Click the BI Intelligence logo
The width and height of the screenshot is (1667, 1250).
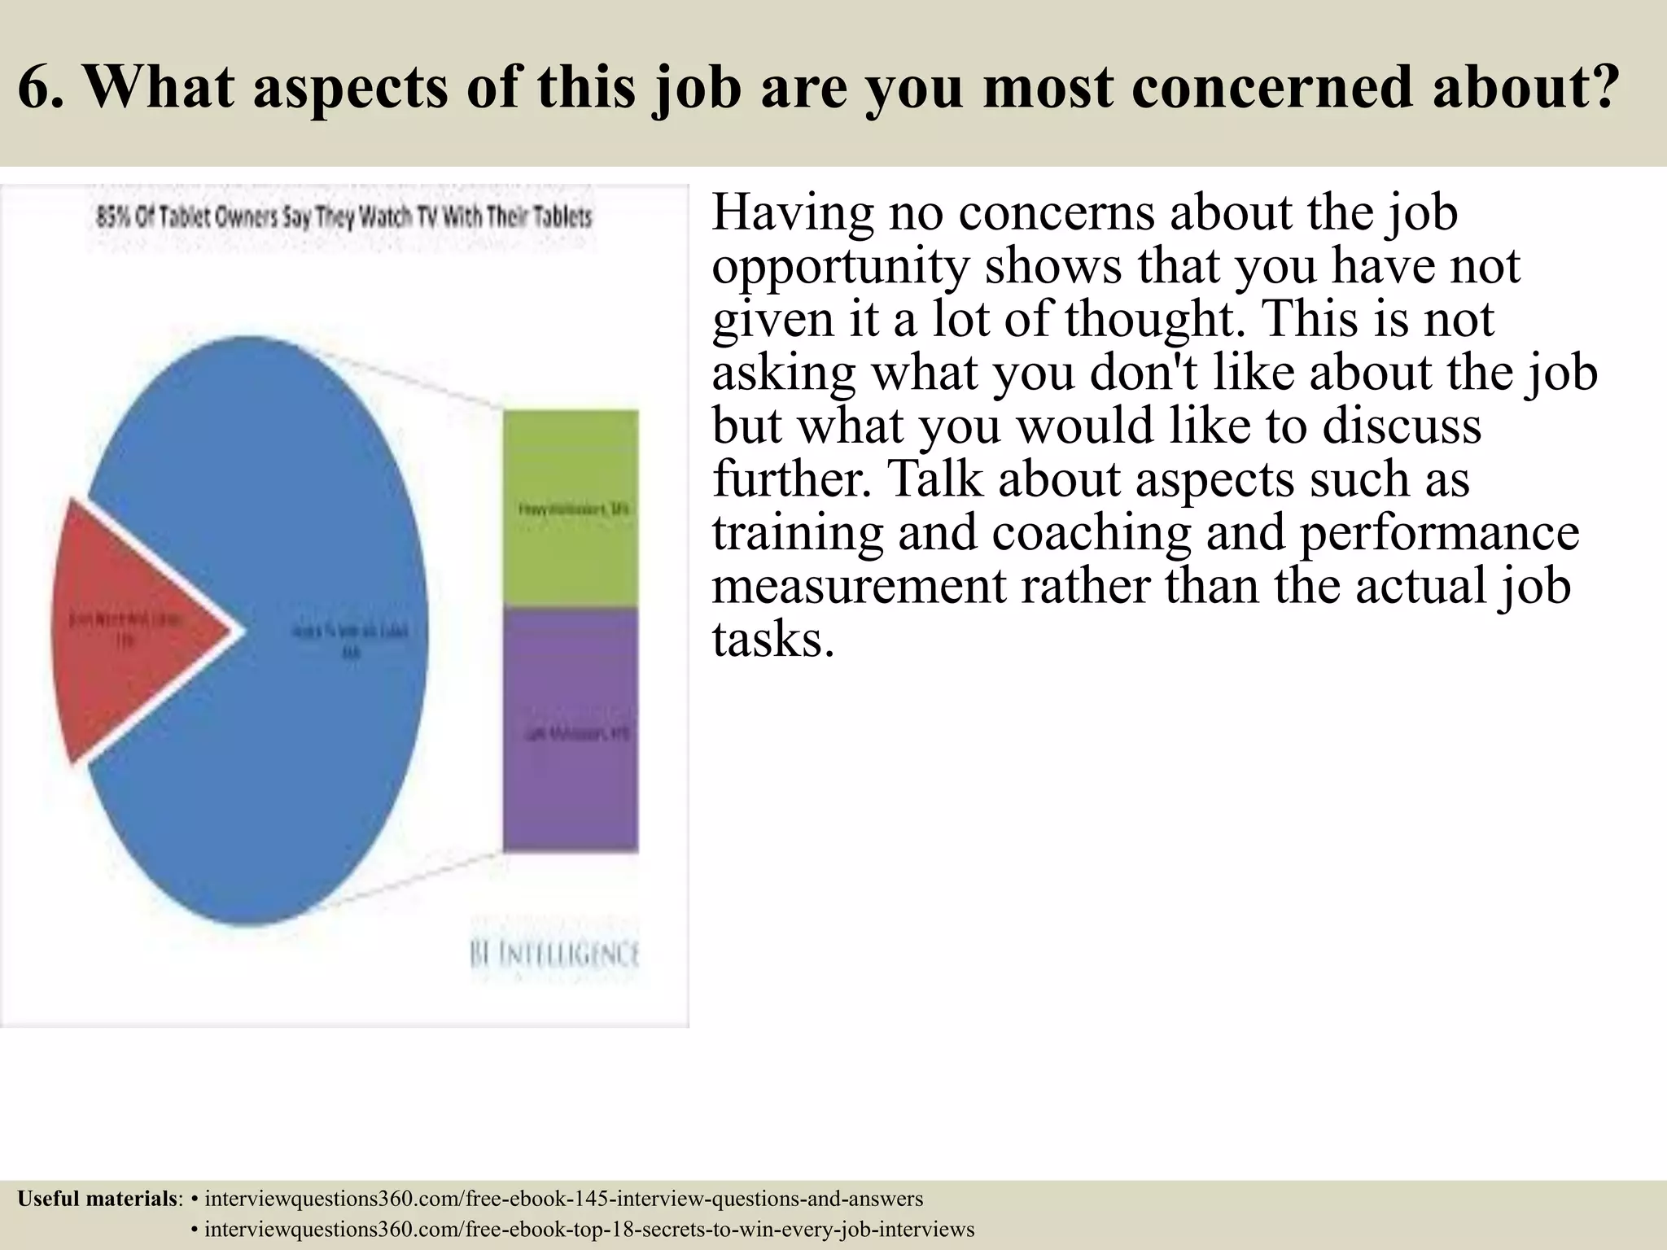click(554, 954)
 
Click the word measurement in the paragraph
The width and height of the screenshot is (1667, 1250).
click(859, 586)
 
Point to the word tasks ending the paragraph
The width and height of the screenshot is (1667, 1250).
click(772, 640)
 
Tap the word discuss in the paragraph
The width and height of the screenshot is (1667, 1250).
click(1401, 426)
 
